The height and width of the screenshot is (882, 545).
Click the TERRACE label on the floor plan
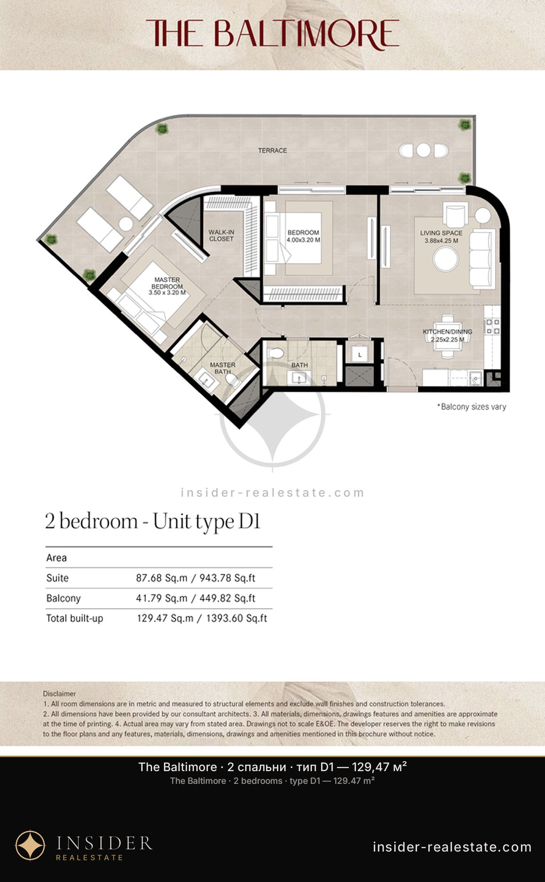(x=272, y=150)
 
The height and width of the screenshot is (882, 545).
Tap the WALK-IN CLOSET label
(x=221, y=235)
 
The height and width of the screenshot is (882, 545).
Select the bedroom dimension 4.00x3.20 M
(x=303, y=240)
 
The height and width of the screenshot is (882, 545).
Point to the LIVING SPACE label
(x=441, y=233)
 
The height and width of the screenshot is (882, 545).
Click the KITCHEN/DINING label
(x=448, y=332)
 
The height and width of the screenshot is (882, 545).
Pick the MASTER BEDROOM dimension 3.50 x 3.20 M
(x=167, y=293)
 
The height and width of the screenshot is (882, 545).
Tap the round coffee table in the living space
(x=446, y=259)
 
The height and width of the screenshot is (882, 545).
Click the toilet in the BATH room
(x=275, y=353)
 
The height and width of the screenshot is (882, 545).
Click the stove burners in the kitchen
(x=493, y=327)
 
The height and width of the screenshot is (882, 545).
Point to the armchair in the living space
(x=456, y=214)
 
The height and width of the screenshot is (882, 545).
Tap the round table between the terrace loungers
(x=126, y=224)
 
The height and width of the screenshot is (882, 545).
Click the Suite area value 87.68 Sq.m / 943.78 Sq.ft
(x=196, y=578)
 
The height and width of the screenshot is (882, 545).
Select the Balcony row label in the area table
(x=63, y=598)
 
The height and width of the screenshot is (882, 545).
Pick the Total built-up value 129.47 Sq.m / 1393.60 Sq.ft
(x=202, y=618)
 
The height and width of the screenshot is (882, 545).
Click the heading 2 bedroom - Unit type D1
(x=153, y=521)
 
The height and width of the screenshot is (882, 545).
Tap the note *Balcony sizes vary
(x=471, y=407)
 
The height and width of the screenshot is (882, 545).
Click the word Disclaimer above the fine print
(x=59, y=694)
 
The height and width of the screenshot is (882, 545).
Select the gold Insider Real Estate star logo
(x=30, y=846)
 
